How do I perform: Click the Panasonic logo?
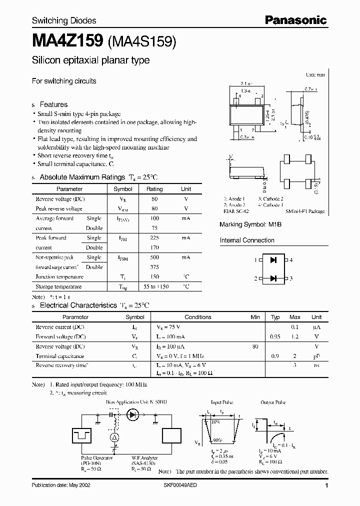click(295, 20)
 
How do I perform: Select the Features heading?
click(53, 104)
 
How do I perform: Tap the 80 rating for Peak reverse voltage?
click(154, 208)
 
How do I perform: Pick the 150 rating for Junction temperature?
click(154, 276)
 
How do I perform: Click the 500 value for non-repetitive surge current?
click(154, 257)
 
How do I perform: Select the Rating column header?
click(154, 189)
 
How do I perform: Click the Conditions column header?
click(198, 317)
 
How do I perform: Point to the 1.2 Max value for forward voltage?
click(295, 336)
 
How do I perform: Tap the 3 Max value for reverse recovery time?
click(295, 365)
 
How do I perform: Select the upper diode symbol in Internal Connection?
click(273, 260)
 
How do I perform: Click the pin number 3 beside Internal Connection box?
click(290, 278)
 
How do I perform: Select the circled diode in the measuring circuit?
click(133, 414)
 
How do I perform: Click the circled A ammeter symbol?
click(114, 437)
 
